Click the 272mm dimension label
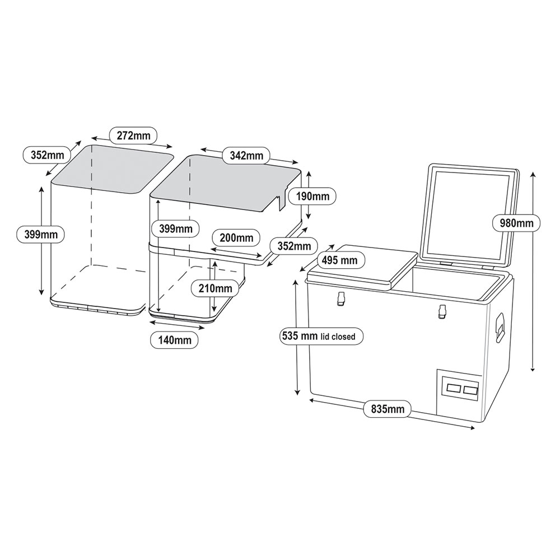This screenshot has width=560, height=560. click(133, 135)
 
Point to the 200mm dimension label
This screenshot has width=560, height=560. click(236, 237)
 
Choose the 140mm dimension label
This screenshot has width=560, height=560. click(175, 339)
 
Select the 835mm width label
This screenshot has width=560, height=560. click(387, 409)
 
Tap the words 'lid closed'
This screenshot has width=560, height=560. click(338, 337)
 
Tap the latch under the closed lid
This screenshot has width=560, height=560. click(339, 300)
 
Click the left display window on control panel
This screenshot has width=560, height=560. click(454, 388)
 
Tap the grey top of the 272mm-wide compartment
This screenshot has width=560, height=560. click(112, 168)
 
